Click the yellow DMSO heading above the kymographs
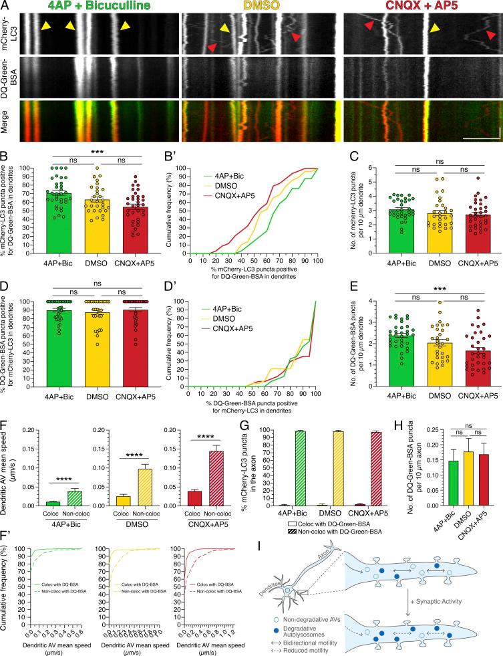pyautogui.click(x=262, y=7)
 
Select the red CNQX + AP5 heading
pyautogui.click(x=424, y=7)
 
